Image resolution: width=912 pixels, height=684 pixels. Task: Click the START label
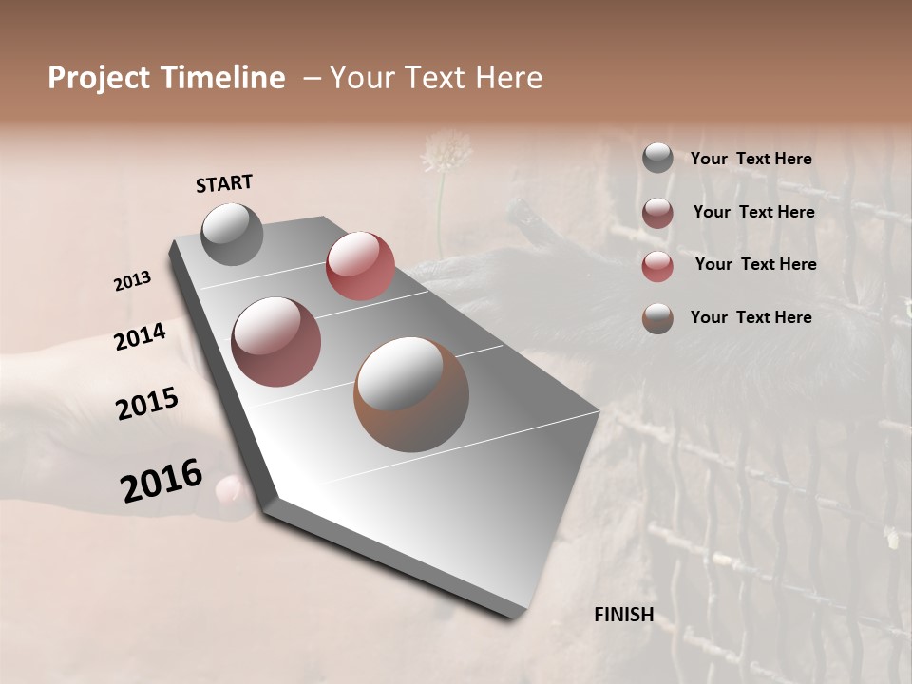click(224, 183)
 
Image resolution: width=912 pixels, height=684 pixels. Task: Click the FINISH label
click(623, 615)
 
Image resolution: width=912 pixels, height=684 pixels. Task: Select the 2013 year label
click(133, 281)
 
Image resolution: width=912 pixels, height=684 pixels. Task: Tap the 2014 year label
click(141, 336)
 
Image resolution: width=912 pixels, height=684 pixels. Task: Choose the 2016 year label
click(161, 480)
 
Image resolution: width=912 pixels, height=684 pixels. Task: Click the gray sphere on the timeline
click(232, 234)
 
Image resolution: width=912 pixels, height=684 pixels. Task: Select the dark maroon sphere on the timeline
click(275, 342)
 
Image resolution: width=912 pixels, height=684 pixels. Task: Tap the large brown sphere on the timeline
click(411, 394)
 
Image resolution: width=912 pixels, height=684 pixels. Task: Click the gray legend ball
click(657, 159)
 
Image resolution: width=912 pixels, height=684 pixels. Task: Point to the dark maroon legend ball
click(657, 213)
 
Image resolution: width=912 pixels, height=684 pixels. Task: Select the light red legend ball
click(657, 266)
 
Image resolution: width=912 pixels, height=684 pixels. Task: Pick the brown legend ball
click(657, 318)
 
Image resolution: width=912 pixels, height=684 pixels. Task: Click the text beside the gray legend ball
click(750, 159)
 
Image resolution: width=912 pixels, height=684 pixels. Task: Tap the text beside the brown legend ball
click(750, 317)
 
